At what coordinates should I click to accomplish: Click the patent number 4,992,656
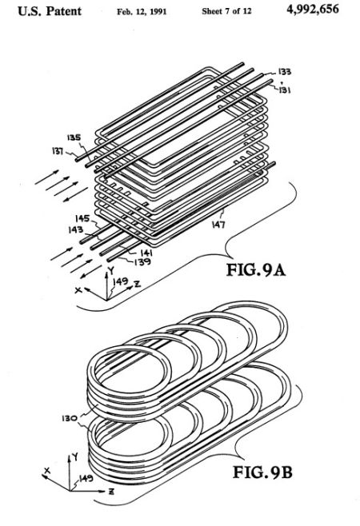pos(313,10)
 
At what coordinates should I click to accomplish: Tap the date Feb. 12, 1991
pos(142,12)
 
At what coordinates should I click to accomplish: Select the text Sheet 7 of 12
pos(226,11)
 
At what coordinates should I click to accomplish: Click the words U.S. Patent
pos(50,11)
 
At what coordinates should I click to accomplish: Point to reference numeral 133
pos(285,72)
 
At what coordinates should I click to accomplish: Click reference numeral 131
pos(285,90)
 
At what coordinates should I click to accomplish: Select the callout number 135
pos(74,137)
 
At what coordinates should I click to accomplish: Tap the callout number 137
pos(58,151)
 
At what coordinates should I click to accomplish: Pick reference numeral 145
pos(82,219)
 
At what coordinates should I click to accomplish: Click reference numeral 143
pos(75,229)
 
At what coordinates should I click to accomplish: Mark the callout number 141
pos(146,253)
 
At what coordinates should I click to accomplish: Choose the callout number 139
pos(142,261)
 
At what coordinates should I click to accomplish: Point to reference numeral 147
pos(218,225)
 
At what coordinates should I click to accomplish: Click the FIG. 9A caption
pos(256,270)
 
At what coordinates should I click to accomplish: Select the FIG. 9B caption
pos(262,472)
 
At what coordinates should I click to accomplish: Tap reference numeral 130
pos(70,418)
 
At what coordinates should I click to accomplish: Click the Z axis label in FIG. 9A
pos(137,285)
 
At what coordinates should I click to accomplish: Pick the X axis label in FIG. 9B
pos(46,471)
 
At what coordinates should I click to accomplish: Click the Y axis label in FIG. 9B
pos(76,456)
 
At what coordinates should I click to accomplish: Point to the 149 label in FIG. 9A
pos(120,281)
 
